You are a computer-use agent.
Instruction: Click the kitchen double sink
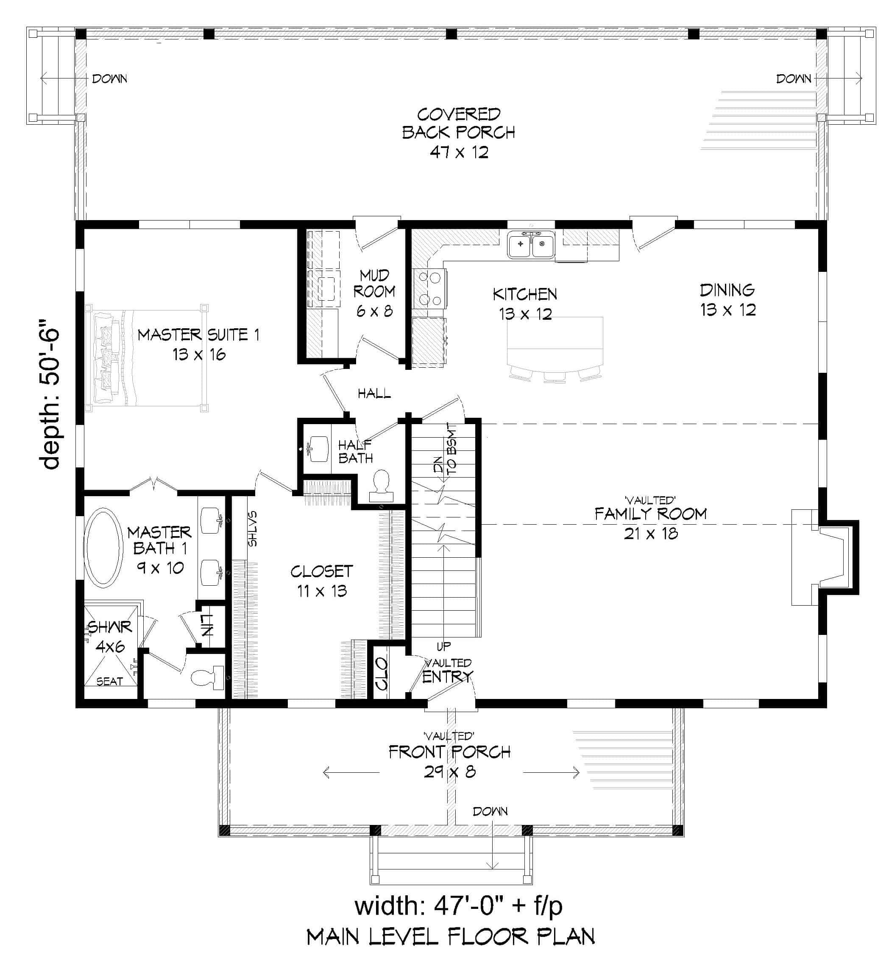coord(531,245)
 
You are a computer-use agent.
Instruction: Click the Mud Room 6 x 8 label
coord(374,293)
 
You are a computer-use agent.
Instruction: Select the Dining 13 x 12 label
coord(727,299)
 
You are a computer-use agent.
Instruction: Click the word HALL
coord(374,394)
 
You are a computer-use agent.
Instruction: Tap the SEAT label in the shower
coord(110,682)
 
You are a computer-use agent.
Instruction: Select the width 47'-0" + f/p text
coord(458,906)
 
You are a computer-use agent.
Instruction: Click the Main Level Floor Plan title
coord(451,937)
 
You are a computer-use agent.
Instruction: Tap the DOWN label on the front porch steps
coord(490,811)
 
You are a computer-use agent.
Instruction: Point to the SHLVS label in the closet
coord(253,528)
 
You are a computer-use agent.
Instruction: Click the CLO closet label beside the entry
coord(382,674)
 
